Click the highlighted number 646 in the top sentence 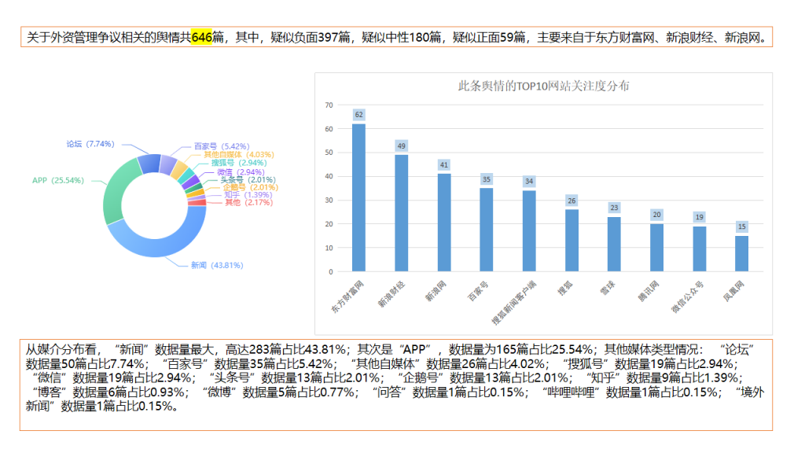pyautogui.click(x=202, y=37)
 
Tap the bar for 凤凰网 pyautogui.click(x=741, y=253)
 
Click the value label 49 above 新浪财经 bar pyautogui.click(x=401, y=146)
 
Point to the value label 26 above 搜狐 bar pyautogui.click(x=572, y=201)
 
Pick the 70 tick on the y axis pyautogui.click(x=329, y=105)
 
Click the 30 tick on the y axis pyautogui.click(x=329, y=201)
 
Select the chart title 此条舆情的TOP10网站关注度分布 pyautogui.click(x=543, y=87)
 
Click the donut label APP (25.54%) pyautogui.click(x=57, y=180)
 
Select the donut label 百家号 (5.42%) pyautogui.click(x=222, y=146)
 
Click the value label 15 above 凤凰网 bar pyautogui.click(x=741, y=226)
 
